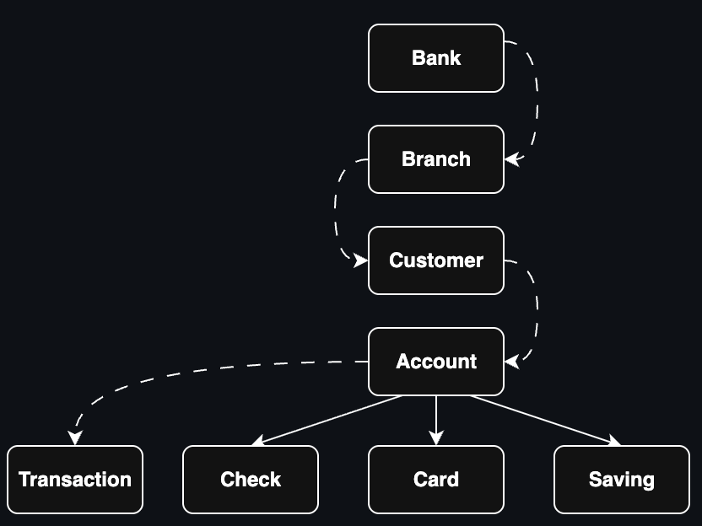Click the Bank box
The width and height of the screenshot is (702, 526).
436,58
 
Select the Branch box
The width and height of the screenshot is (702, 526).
436,159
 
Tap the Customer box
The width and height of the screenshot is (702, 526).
436,260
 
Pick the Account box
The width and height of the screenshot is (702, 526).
436,362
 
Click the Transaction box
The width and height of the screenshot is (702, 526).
75,480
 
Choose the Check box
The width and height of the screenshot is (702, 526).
251,480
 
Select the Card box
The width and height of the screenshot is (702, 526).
436,480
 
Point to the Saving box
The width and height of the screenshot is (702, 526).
622,480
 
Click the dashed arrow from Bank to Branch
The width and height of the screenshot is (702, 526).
537,101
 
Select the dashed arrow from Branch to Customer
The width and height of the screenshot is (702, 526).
336,211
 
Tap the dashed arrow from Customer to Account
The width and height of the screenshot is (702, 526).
537,312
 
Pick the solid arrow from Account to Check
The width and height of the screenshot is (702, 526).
329,420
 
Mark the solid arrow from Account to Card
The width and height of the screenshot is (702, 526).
436,417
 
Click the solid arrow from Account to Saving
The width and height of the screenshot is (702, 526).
544,420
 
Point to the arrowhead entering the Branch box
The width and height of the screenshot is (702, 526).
512,158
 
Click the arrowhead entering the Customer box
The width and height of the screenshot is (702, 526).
361,260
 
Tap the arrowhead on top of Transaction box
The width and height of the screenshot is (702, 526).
75,437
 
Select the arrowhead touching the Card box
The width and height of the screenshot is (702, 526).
436,437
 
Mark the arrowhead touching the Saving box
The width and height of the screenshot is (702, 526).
613,441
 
